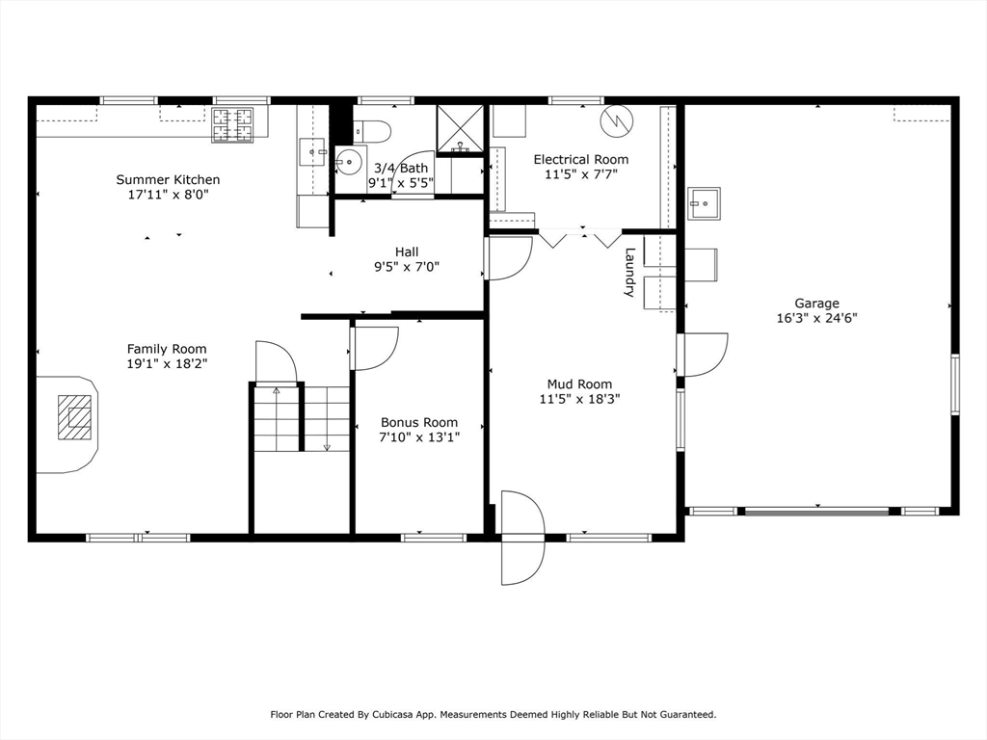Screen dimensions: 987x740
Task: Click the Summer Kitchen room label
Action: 168,180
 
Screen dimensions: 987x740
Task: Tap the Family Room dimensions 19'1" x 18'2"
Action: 167,363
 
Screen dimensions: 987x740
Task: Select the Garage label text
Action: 816,304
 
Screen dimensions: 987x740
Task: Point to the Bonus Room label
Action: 419,422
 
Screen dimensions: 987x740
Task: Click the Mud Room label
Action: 579,383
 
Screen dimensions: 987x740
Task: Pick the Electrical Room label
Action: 581,159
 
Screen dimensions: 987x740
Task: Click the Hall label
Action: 407,251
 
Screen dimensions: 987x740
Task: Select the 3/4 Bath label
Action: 401,168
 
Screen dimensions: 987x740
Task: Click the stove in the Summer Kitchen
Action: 232,125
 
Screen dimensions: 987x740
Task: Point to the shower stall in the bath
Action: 460,130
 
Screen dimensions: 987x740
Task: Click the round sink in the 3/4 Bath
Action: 347,162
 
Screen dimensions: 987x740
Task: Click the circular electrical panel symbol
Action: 615,120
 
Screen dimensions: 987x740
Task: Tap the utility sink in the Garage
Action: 704,203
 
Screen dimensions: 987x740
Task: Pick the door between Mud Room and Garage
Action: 703,355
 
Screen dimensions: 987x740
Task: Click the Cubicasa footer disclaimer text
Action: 493,714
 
